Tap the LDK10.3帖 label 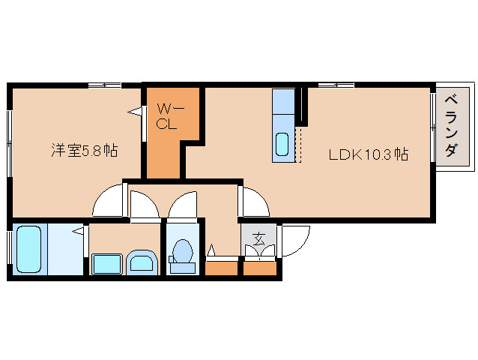367,155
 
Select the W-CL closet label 166,117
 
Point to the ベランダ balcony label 451,126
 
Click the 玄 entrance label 258,240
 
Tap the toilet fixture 182,253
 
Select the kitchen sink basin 282,143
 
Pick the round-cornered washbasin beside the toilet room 142,262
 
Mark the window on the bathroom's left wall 9,249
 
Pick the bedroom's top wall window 105,85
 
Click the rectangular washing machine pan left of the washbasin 106,264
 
